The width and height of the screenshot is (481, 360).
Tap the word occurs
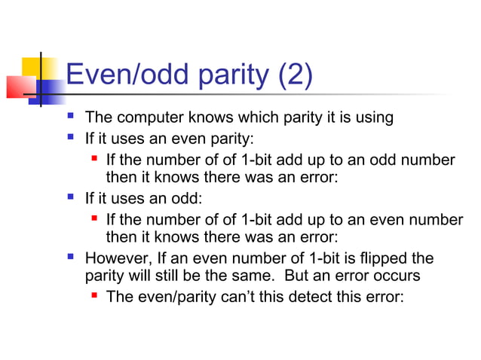point(397,276)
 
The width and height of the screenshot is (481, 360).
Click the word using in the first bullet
point(372,118)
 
